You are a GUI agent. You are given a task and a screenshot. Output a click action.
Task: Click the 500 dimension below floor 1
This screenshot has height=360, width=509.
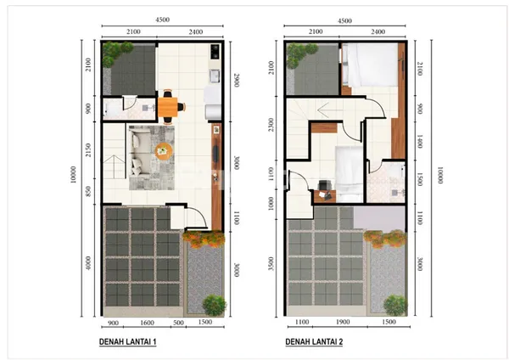(177, 323)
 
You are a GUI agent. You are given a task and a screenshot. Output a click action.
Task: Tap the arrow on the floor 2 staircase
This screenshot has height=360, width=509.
(323, 109)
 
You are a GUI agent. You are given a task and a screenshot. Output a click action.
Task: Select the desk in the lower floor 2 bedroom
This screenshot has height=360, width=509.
(325, 193)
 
